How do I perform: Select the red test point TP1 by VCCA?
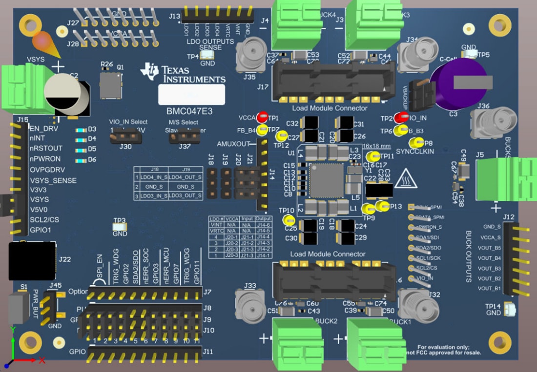coord(262,117)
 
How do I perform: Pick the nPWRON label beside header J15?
coord(45,159)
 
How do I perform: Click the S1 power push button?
coord(18,308)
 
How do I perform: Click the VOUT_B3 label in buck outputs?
coord(489,269)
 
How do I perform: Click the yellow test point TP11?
coord(373,156)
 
